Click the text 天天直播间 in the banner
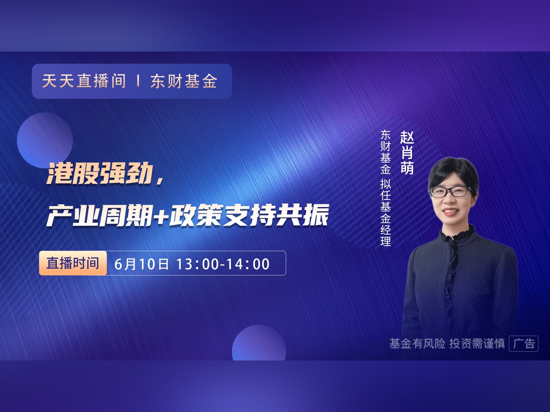(x=84, y=81)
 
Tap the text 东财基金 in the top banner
(x=184, y=81)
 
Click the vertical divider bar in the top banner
(x=138, y=81)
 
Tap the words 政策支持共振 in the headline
(x=249, y=215)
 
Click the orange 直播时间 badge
(x=73, y=263)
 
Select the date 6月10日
(x=142, y=264)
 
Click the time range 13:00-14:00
(x=223, y=264)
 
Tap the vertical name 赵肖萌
(x=407, y=152)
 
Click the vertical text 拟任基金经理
(x=386, y=213)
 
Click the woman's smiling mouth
(x=450, y=211)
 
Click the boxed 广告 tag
(x=524, y=343)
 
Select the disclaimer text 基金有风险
(x=417, y=343)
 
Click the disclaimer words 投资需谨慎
(x=477, y=343)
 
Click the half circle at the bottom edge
(x=259, y=343)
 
